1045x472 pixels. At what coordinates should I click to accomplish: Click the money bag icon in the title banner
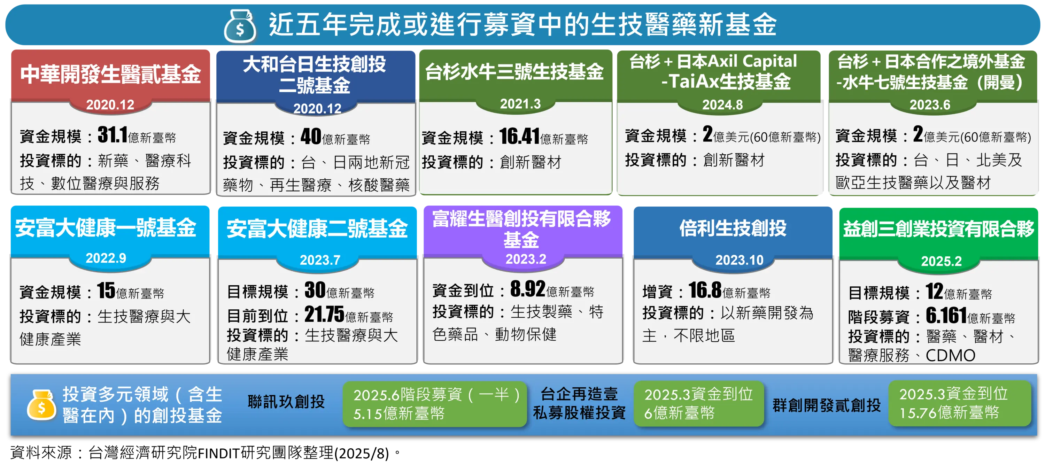pos(240,26)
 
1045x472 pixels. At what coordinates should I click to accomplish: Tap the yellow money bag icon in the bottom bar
pos(41,405)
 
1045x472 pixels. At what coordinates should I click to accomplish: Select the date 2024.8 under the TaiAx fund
pos(722,105)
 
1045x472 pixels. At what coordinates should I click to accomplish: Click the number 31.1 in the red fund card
pos(113,135)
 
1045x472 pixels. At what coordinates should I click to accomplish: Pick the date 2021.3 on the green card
pos(520,104)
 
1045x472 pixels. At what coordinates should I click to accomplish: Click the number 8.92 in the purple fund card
pos(527,289)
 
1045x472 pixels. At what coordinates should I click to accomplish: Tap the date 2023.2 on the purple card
pos(525,259)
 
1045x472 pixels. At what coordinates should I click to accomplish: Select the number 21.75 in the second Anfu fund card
pos(324,314)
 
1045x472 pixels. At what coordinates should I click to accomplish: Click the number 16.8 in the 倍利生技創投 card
pos(705,290)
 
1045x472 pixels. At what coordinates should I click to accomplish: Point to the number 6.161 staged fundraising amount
pos(946,315)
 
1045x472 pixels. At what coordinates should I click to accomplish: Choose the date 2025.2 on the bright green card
pos(941,261)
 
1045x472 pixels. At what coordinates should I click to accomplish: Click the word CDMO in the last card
pos(950,356)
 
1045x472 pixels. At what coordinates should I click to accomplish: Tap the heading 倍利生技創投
pos(733,228)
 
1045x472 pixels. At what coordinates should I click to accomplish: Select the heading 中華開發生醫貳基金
pos(110,74)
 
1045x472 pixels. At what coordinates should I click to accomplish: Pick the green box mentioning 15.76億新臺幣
pos(959,403)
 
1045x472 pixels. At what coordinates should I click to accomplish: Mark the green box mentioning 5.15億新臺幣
pos(434,404)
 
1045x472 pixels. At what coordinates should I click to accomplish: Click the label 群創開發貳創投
pos(826,405)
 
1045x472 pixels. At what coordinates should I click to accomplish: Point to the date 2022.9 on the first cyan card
pos(106,258)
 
